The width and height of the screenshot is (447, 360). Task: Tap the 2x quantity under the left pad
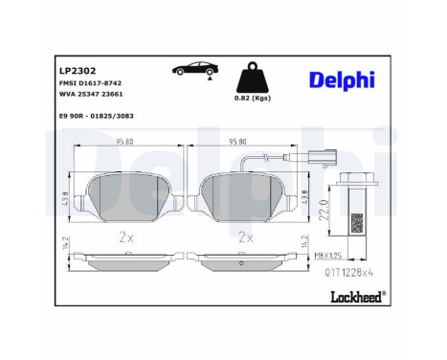click(124, 235)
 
